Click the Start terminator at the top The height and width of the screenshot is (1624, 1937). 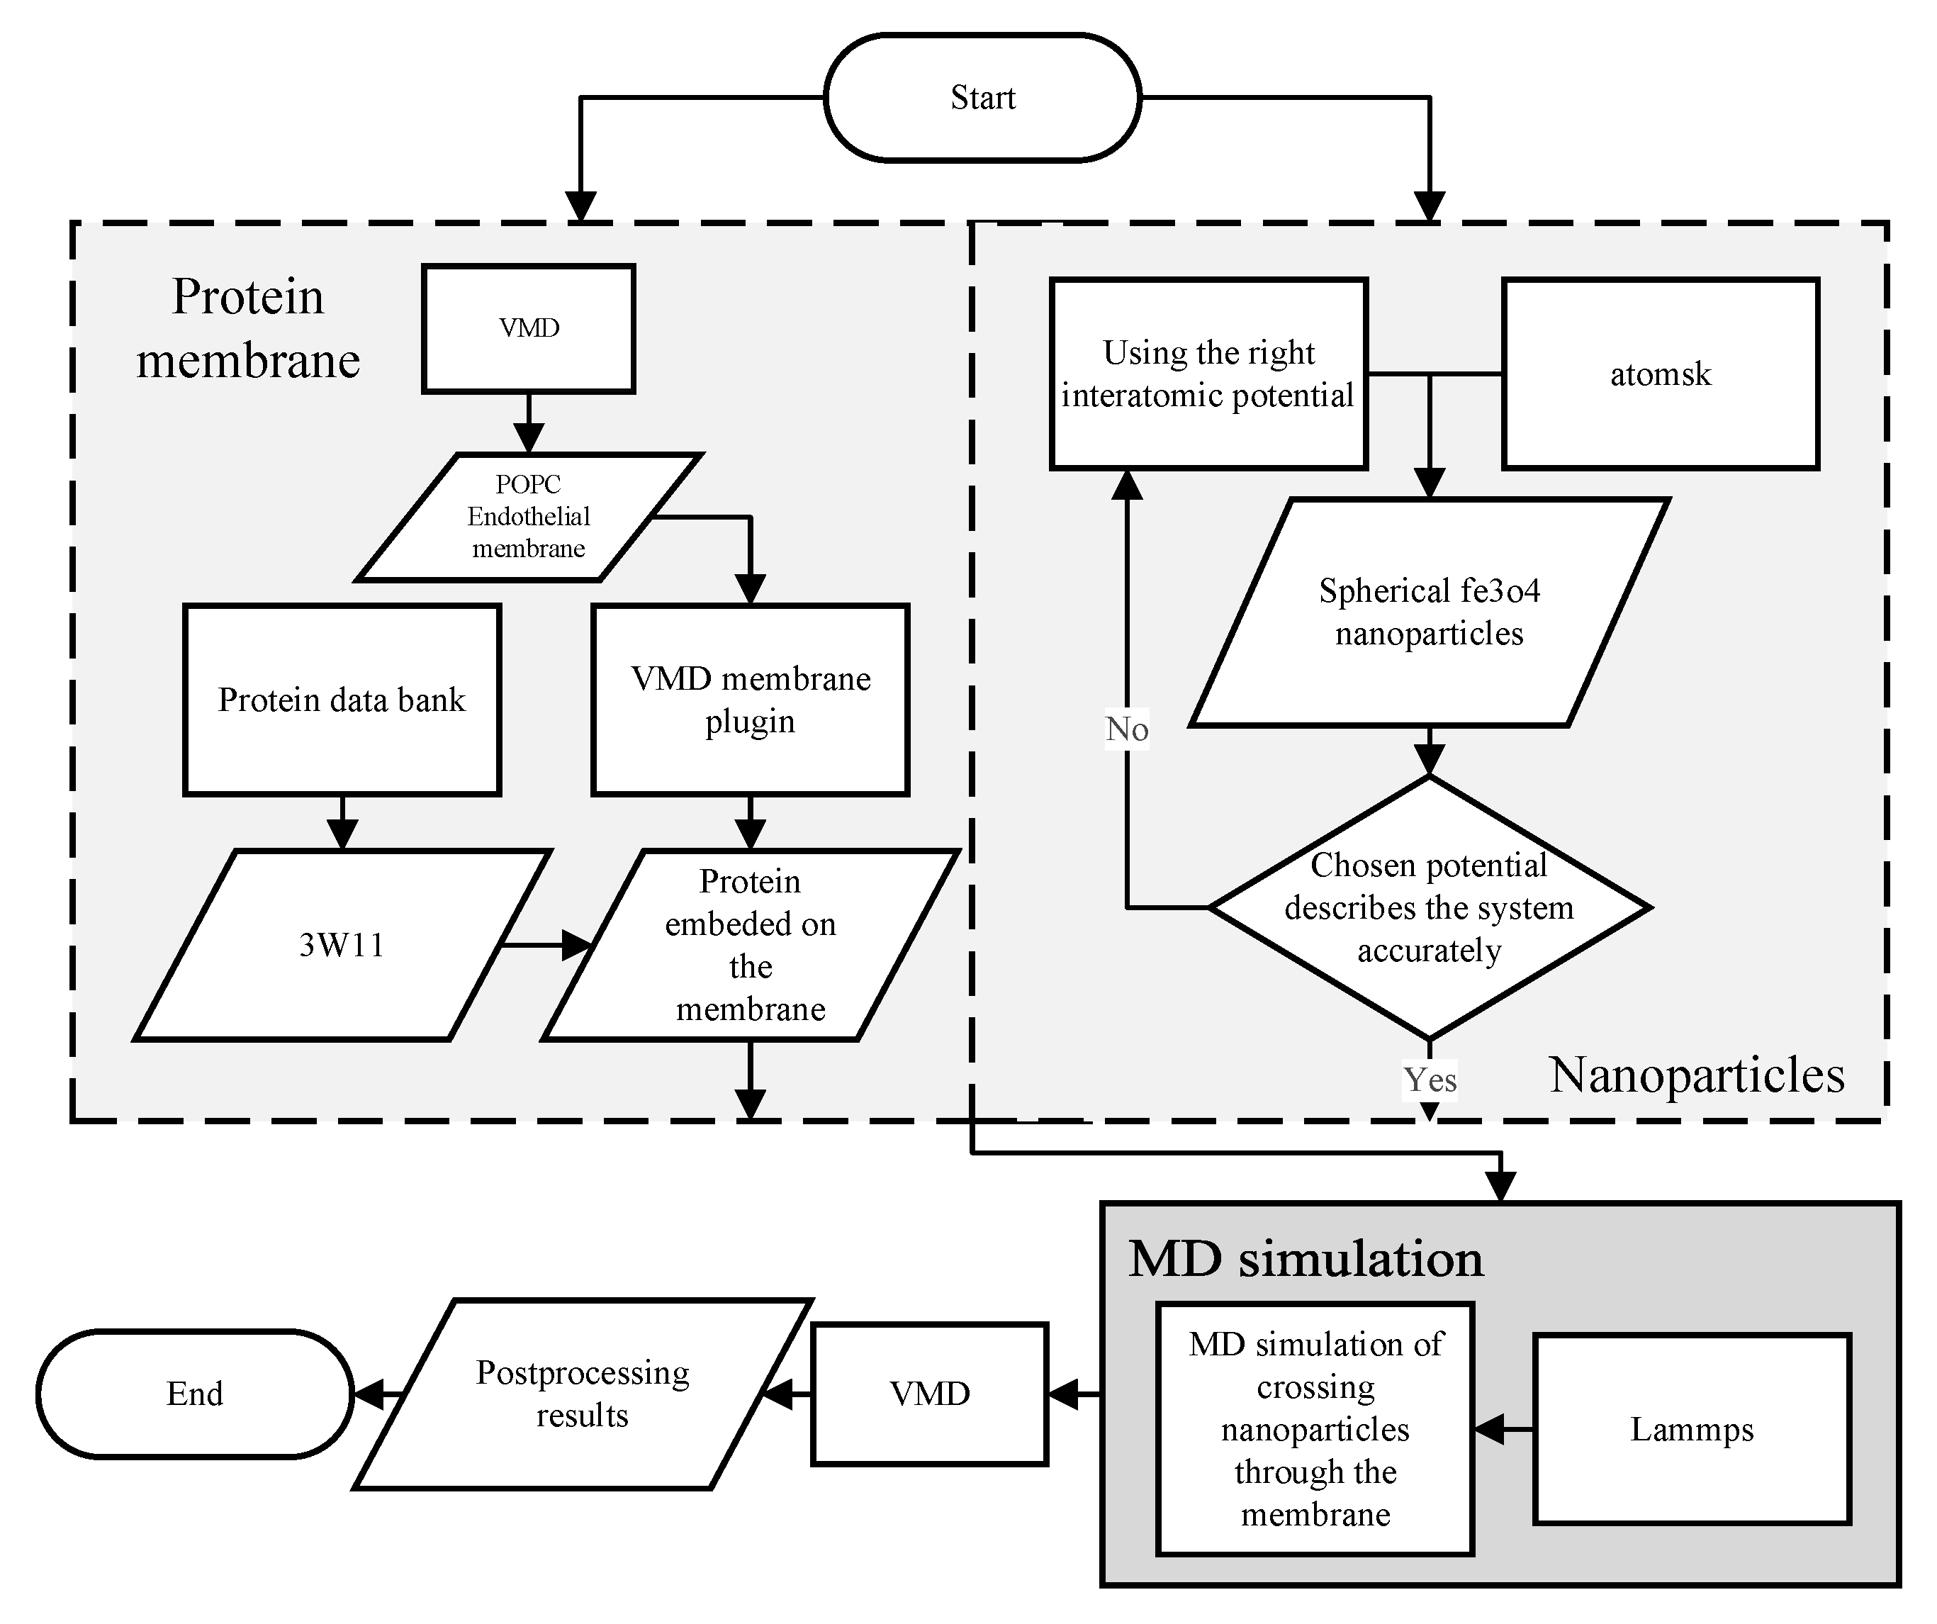click(982, 98)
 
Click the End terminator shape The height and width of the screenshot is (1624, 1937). click(195, 1394)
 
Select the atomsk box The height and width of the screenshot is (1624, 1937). click(1661, 374)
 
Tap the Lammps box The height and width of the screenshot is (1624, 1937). click(1692, 1429)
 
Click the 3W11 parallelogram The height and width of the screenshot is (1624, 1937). click(342, 945)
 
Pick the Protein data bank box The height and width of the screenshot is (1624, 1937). click(342, 700)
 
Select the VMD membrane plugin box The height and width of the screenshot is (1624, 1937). click(750, 700)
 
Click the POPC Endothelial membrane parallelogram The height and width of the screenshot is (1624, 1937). click(529, 517)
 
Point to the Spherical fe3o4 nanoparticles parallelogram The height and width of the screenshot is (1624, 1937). click(1429, 612)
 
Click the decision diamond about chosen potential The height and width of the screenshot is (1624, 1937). click(1429, 908)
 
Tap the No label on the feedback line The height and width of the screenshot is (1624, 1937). click(1126, 729)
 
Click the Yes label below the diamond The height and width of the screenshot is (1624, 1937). click(1430, 1080)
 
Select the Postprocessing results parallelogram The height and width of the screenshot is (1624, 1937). click(582, 1394)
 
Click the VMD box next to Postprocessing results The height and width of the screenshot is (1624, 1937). click(929, 1394)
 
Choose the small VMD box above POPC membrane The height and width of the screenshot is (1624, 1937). click(529, 328)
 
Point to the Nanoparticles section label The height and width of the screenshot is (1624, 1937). click(1696, 1075)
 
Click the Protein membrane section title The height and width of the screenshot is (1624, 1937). click(248, 327)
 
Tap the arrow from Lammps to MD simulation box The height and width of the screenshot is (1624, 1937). click(1503, 1429)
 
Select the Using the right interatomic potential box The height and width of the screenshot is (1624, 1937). click(1208, 374)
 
